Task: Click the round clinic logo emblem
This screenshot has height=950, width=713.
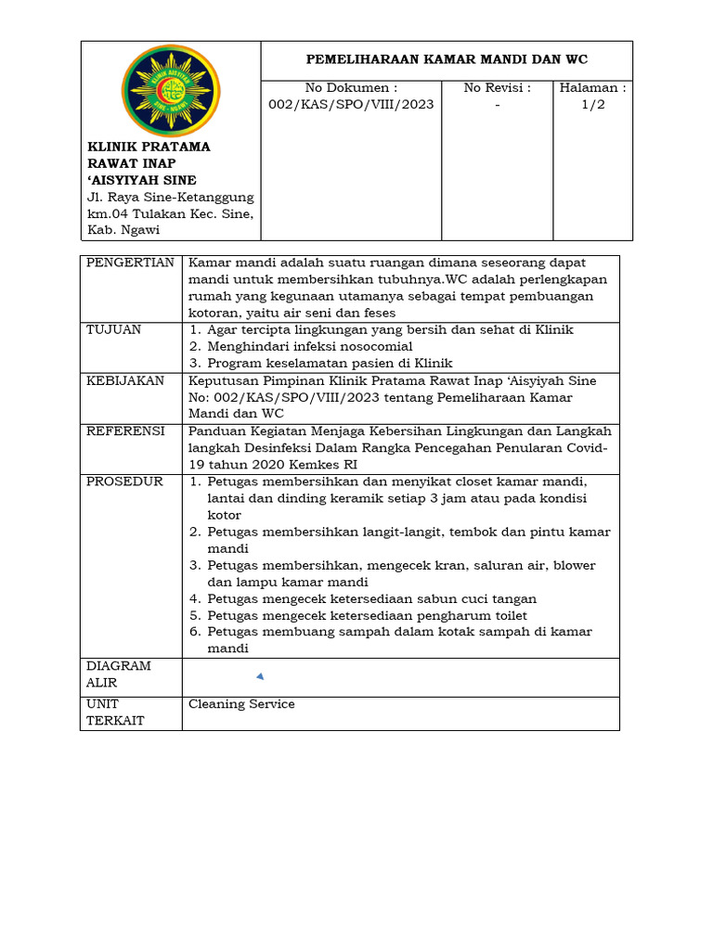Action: point(171,91)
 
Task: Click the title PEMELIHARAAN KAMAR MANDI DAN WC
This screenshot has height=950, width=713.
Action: point(447,59)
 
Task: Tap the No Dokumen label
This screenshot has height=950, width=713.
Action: point(350,88)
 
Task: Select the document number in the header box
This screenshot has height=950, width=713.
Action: point(350,105)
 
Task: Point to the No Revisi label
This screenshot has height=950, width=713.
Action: point(497,88)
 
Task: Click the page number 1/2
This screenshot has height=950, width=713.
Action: point(592,105)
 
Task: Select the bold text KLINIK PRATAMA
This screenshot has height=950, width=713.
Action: point(149,147)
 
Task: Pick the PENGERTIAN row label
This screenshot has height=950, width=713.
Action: point(130,263)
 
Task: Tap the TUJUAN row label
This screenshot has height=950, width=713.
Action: point(114,330)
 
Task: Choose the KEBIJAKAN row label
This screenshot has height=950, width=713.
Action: point(125,381)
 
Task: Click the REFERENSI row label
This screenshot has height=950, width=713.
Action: point(125,431)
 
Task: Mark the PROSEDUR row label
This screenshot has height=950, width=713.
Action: point(124,481)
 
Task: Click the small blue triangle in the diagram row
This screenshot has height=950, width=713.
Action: point(260,676)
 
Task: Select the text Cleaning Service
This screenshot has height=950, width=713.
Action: point(241,704)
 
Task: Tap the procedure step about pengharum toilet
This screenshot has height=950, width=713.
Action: point(367,616)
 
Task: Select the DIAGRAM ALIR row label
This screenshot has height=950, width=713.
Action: point(119,674)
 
